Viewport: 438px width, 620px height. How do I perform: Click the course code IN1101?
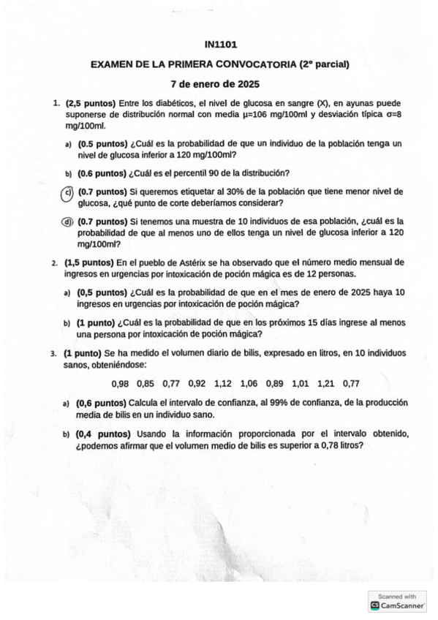[220, 45]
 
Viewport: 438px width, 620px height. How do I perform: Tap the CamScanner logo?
[376, 605]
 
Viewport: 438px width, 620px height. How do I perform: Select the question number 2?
[54, 262]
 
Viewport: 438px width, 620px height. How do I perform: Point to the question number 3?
[54, 353]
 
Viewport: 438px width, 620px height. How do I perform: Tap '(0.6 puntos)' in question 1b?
[102, 173]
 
